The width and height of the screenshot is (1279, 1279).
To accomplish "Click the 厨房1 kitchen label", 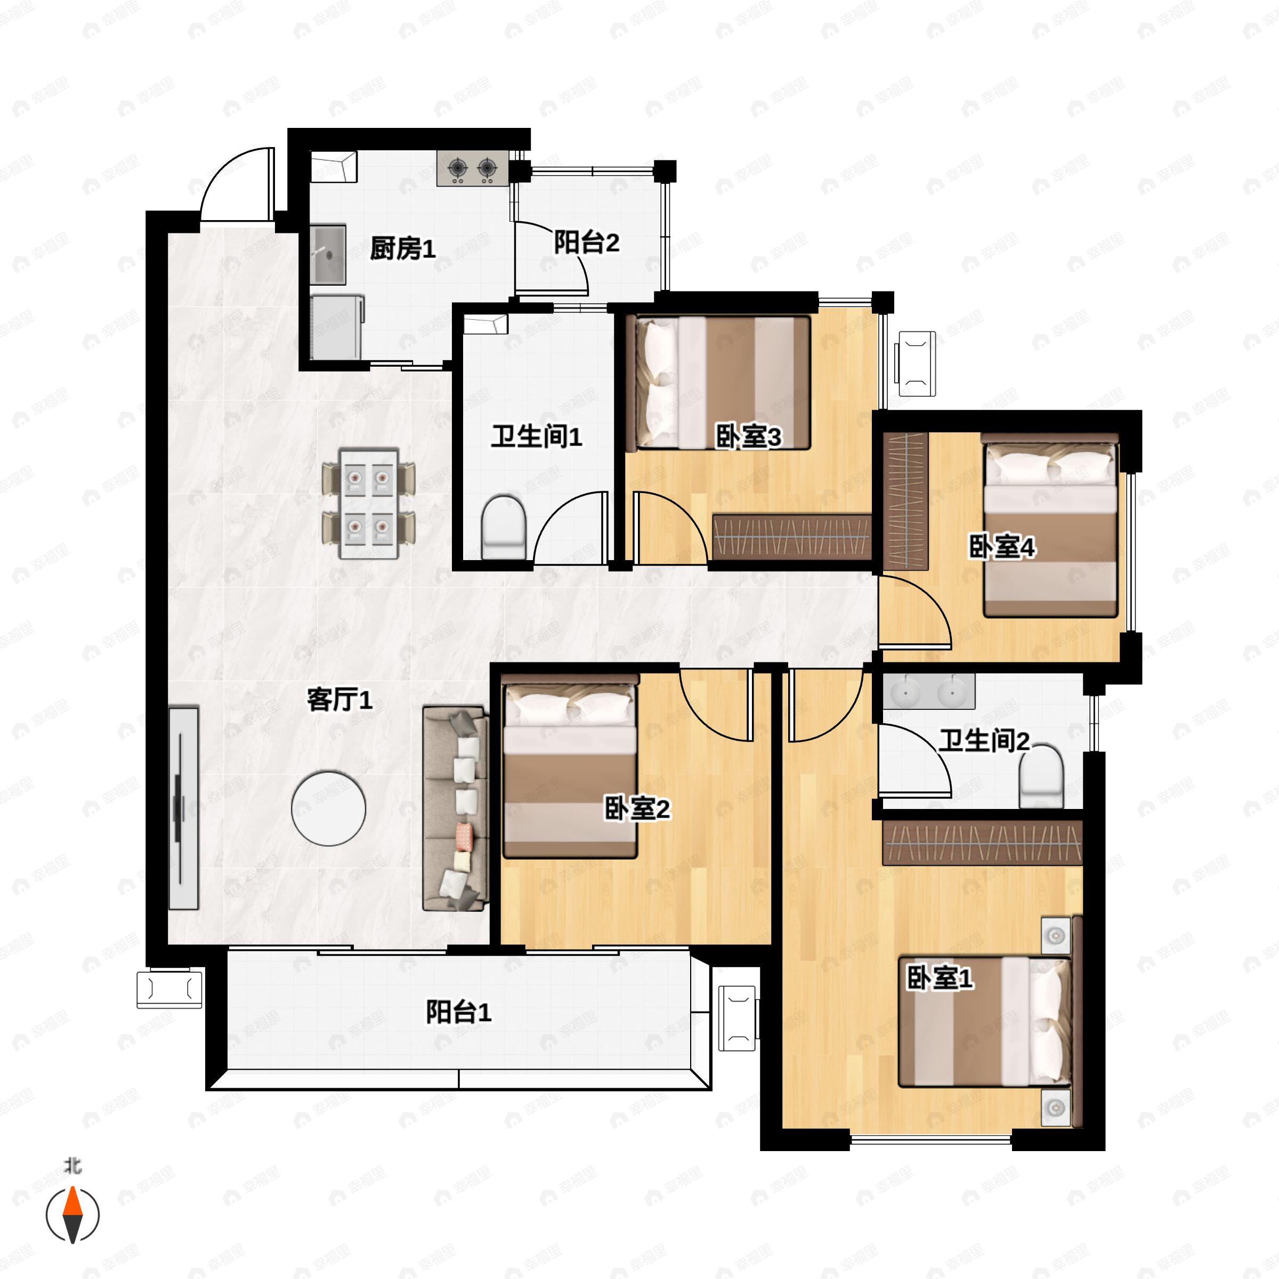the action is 402,249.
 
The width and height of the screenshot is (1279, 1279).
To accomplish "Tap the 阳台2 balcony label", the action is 587,242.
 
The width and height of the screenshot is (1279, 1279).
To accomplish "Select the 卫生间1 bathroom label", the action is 536,437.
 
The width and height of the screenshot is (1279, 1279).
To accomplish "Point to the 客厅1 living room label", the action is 339,700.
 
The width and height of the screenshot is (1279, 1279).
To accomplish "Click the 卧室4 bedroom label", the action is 1002,547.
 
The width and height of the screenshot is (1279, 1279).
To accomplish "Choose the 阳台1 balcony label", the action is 458,1012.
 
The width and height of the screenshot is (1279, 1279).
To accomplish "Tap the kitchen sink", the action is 329,255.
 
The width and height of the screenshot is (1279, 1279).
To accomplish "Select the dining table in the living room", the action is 369,503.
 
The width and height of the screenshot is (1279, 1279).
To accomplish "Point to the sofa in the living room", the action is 456,808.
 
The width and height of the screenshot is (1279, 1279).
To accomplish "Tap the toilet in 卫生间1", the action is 504,527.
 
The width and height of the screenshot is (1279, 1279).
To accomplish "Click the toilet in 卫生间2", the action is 1041,776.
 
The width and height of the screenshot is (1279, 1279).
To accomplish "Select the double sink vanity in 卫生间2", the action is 929,692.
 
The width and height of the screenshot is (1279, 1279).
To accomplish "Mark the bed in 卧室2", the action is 570,766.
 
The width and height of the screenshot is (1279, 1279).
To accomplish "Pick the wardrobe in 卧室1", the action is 982,843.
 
